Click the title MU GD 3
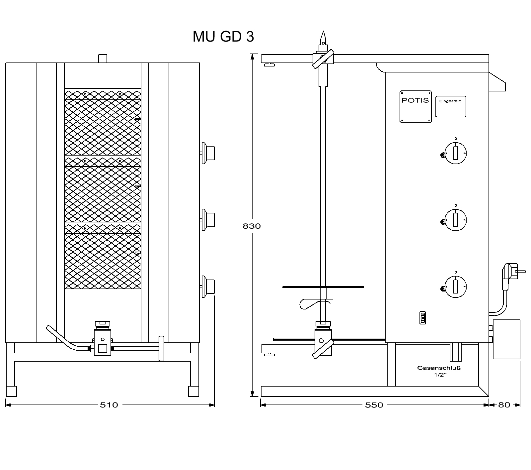223,37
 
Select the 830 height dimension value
252,226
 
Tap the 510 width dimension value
109,405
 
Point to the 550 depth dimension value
374,405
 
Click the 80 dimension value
504,405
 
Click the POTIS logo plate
416,106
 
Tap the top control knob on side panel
455,153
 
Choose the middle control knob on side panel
455,220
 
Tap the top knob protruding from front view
208,153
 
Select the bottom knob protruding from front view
208,287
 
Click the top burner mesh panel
103,122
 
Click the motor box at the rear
506,339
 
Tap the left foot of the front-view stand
11,391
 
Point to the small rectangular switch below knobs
422,317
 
